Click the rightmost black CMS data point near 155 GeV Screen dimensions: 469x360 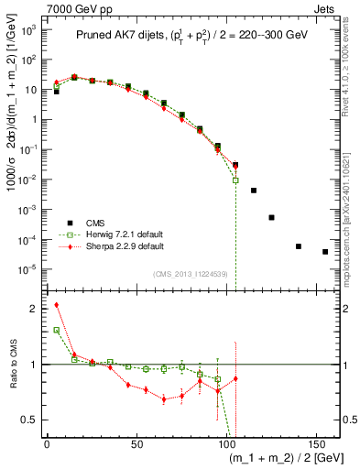point(325,252)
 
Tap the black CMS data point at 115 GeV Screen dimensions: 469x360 point(254,191)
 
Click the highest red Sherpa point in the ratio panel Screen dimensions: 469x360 point(56,305)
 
